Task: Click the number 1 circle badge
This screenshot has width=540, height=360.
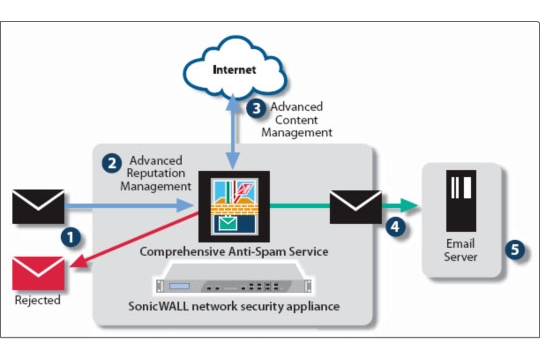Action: (x=71, y=237)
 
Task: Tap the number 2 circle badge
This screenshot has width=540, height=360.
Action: (x=112, y=163)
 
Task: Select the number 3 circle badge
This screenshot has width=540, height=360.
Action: (x=256, y=109)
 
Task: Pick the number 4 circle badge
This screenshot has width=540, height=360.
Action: (x=395, y=227)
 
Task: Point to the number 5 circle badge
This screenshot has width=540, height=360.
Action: (x=515, y=249)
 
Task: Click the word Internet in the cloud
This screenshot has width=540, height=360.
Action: (x=234, y=70)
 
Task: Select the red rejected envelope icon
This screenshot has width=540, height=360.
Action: (x=38, y=273)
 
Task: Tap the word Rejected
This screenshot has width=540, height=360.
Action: (x=38, y=300)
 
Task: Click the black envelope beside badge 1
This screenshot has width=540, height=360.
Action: (x=38, y=206)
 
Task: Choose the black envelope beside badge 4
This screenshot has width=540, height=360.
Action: (x=356, y=207)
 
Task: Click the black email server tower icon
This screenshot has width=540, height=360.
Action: (x=461, y=201)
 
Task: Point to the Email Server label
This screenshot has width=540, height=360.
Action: (x=460, y=250)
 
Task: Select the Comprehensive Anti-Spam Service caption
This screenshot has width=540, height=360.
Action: (x=234, y=251)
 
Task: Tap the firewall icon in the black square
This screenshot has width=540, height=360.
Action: (x=234, y=206)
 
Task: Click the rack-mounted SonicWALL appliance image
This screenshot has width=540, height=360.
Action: (x=234, y=279)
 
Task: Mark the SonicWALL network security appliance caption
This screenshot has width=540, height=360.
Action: (x=234, y=306)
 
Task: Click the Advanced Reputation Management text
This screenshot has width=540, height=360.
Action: (x=156, y=173)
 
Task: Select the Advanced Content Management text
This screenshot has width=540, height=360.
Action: (x=297, y=120)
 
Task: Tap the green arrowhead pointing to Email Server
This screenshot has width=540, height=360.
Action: (x=409, y=206)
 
